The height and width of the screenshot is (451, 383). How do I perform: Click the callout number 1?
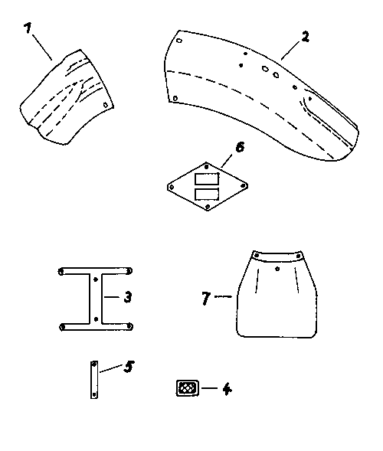tap(28, 28)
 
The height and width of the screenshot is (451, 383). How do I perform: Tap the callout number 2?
tap(305, 37)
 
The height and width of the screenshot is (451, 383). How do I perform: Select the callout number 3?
tap(128, 297)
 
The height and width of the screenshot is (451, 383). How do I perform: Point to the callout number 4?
tap(227, 389)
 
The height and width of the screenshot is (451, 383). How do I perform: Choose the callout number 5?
tap(129, 367)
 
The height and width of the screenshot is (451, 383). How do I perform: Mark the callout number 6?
tap(240, 147)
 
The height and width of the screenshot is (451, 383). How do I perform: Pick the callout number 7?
tap(206, 298)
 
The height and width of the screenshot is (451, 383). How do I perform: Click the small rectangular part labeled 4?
tap(188, 388)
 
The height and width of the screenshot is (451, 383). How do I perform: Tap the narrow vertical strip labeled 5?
tap(94, 380)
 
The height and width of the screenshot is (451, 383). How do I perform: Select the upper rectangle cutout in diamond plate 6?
tap(207, 179)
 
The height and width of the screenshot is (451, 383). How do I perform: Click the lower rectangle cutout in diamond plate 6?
tap(207, 194)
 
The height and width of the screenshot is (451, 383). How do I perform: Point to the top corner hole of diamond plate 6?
tap(206, 166)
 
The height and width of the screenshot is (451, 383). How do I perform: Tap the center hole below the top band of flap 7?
tap(277, 269)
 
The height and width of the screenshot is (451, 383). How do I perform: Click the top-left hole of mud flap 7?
tap(257, 256)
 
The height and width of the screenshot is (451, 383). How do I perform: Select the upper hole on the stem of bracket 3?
tap(96, 279)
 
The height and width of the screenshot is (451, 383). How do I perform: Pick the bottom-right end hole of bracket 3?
tap(129, 326)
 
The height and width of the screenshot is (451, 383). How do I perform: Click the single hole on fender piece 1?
tap(105, 105)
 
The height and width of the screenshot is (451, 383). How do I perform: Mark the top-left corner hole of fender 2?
tap(179, 41)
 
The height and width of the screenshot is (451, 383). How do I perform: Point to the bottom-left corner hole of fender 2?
tap(175, 99)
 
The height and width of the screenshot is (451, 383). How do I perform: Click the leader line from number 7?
tap(224, 296)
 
